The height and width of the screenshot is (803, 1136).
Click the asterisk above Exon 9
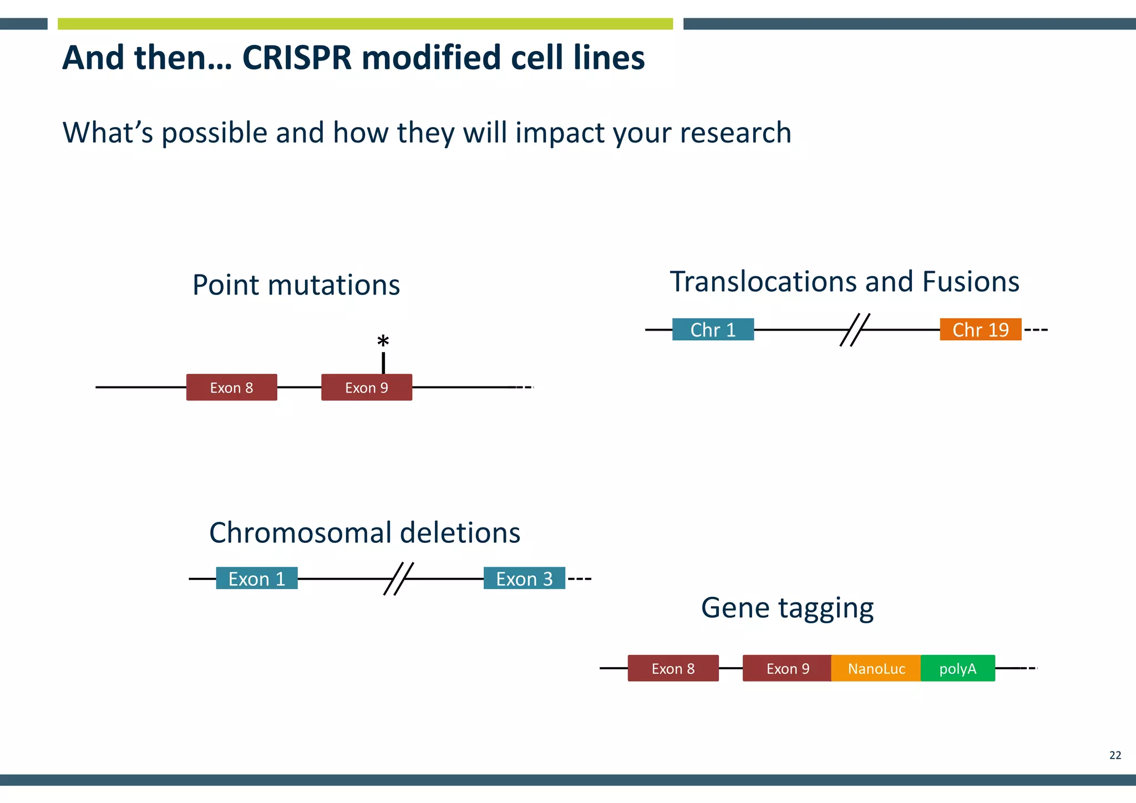[x=383, y=341]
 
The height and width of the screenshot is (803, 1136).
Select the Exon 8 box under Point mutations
[x=231, y=388]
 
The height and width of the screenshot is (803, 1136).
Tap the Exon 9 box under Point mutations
[x=366, y=388]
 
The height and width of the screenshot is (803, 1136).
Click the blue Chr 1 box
[x=713, y=330]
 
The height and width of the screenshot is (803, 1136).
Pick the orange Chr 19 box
[x=980, y=330]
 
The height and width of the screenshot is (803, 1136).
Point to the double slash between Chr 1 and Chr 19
[x=855, y=330]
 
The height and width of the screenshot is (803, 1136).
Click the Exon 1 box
[x=257, y=578]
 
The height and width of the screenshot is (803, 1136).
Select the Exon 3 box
[x=524, y=578]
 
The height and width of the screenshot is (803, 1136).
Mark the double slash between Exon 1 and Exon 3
[x=398, y=578]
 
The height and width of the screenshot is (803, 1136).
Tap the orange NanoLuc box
[x=876, y=669]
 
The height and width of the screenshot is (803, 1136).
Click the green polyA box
[x=957, y=669]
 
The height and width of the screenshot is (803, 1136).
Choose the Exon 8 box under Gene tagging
[x=673, y=669]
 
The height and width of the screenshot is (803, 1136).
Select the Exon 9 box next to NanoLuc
[x=787, y=669]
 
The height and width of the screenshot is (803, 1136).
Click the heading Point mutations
[x=296, y=286]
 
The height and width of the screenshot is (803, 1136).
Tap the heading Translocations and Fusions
[x=844, y=282]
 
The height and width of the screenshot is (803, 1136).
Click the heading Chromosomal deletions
[x=364, y=533]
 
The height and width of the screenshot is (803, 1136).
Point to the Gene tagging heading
[x=787, y=608]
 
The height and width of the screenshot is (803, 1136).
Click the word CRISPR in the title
[x=297, y=58]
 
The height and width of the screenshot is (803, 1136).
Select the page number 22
[x=1115, y=755]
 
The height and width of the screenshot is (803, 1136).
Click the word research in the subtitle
[x=735, y=133]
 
